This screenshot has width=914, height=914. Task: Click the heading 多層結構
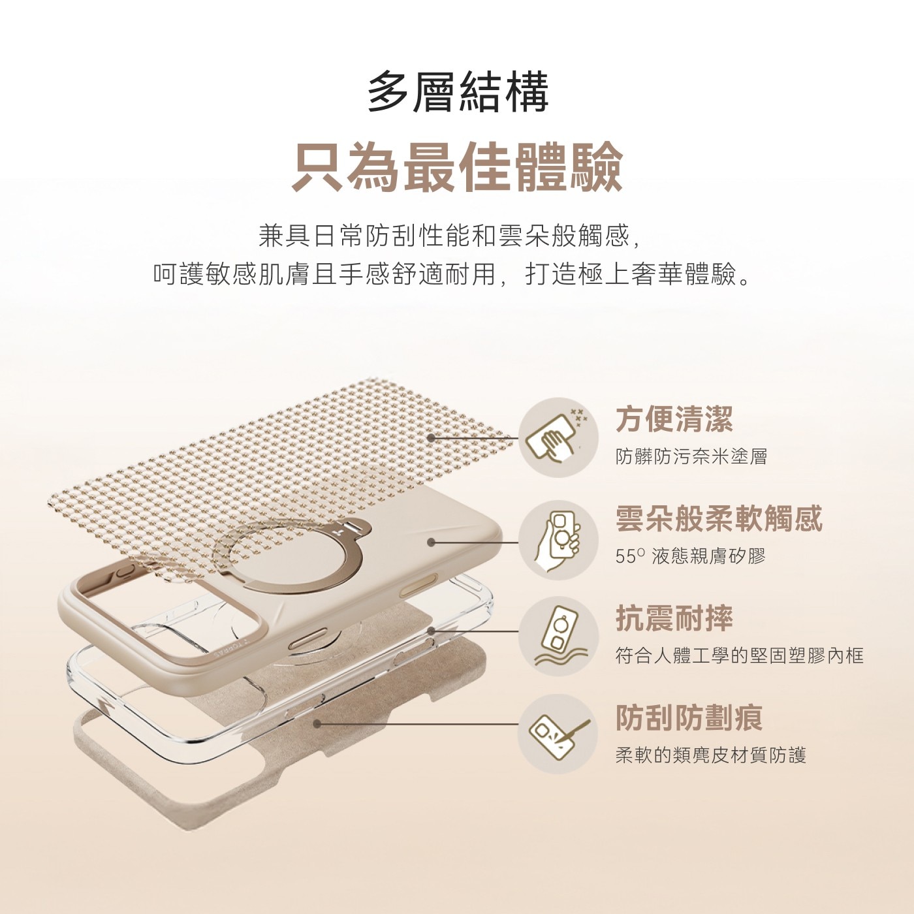click(x=457, y=91)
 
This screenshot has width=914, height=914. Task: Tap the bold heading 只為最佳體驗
click(x=457, y=168)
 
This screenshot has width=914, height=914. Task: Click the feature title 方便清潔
click(x=674, y=418)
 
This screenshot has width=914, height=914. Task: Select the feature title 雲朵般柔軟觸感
click(x=719, y=518)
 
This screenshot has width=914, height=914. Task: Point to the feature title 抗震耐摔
click(x=674, y=618)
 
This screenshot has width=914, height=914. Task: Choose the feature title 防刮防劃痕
click(x=689, y=718)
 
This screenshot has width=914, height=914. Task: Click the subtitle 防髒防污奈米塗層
click(x=691, y=456)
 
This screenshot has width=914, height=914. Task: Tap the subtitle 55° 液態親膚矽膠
click(x=690, y=556)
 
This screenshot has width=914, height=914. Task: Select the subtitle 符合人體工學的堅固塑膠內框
click(x=740, y=655)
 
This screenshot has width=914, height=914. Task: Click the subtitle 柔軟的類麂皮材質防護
click(x=711, y=755)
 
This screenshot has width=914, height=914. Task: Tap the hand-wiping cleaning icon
click(x=558, y=437)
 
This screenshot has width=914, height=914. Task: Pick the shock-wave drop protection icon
click(x=558, y=637)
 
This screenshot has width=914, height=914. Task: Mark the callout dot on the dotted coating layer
click(x=432, y=438)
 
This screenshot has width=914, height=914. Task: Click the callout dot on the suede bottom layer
click(x=317, y=723)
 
